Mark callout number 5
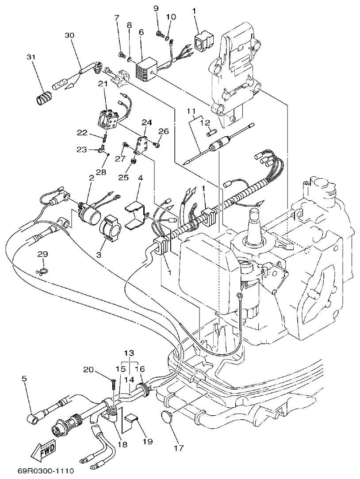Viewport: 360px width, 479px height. (24, 378)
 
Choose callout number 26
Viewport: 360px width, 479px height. (164, 131)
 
